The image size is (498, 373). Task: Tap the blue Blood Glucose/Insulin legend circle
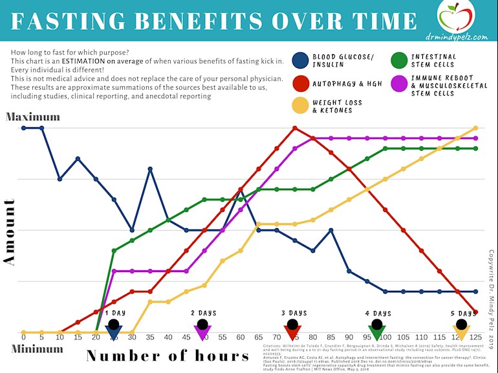[301, 60]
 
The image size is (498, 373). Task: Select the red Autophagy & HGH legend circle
[301, 84]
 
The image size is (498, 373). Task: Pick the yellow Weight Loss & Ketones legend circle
[301, 106]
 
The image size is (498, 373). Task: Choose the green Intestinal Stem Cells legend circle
[402, 60]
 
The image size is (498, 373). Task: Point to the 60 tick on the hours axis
[241, 337]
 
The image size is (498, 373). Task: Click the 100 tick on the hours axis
[385, 337]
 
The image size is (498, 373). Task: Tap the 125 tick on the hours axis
[476, 337]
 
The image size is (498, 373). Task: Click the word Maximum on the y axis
[32, 117]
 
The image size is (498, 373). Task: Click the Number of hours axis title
[168, 356]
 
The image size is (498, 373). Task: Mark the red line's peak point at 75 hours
[295, 128]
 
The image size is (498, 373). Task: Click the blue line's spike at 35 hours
[150, 169]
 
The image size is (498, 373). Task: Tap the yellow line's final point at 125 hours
[476, 128]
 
